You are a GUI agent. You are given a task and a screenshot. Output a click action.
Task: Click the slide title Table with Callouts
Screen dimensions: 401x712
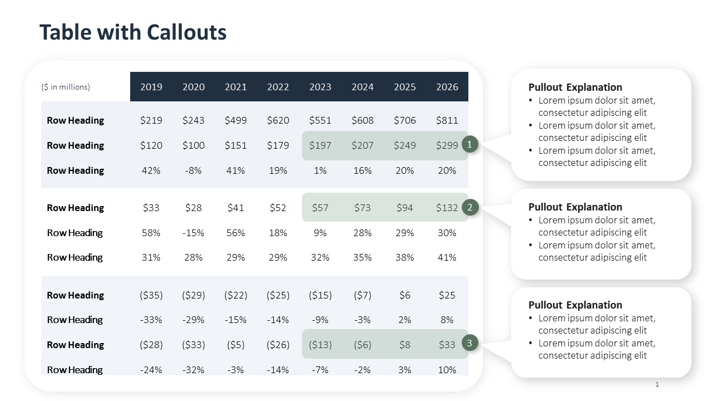[133, 32]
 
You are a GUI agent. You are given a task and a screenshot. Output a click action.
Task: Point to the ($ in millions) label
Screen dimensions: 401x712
[66, 87]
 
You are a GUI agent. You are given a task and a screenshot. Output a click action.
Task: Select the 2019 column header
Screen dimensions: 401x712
[151, 87]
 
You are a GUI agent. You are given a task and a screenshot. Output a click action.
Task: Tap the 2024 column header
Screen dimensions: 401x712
[363, 87]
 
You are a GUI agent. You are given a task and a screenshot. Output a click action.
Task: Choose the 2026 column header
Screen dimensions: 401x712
[447, 87]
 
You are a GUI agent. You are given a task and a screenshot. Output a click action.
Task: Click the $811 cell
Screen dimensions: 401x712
[447, 120]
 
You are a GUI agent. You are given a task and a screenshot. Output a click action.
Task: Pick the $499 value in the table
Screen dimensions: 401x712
[236, 120]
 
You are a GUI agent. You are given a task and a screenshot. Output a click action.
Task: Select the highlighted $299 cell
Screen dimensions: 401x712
[447, 145]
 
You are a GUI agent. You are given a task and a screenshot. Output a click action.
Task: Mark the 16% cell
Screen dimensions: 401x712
[363, 170]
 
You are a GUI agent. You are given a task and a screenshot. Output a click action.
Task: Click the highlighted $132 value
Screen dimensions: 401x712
[447, 208]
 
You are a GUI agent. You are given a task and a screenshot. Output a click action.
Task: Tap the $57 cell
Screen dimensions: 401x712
[320, 208]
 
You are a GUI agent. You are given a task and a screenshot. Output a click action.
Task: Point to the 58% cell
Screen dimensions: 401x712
[151, 233]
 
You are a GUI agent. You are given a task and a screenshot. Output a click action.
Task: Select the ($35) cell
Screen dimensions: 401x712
[151, 295]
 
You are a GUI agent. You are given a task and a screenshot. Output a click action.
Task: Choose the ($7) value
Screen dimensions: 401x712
[363, 295]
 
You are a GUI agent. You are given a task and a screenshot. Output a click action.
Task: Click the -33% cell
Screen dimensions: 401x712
[151, 320]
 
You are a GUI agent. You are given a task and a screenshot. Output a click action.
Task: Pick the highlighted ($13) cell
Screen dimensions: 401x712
[320, 345]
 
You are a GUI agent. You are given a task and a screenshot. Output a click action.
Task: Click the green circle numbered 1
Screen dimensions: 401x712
[470, 145]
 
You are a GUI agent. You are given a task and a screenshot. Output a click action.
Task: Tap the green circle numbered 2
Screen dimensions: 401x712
[470, 208]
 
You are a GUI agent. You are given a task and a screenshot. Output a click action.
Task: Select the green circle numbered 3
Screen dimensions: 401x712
[470, 344]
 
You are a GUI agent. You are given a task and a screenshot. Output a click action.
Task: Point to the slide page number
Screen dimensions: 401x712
[657, 384]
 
